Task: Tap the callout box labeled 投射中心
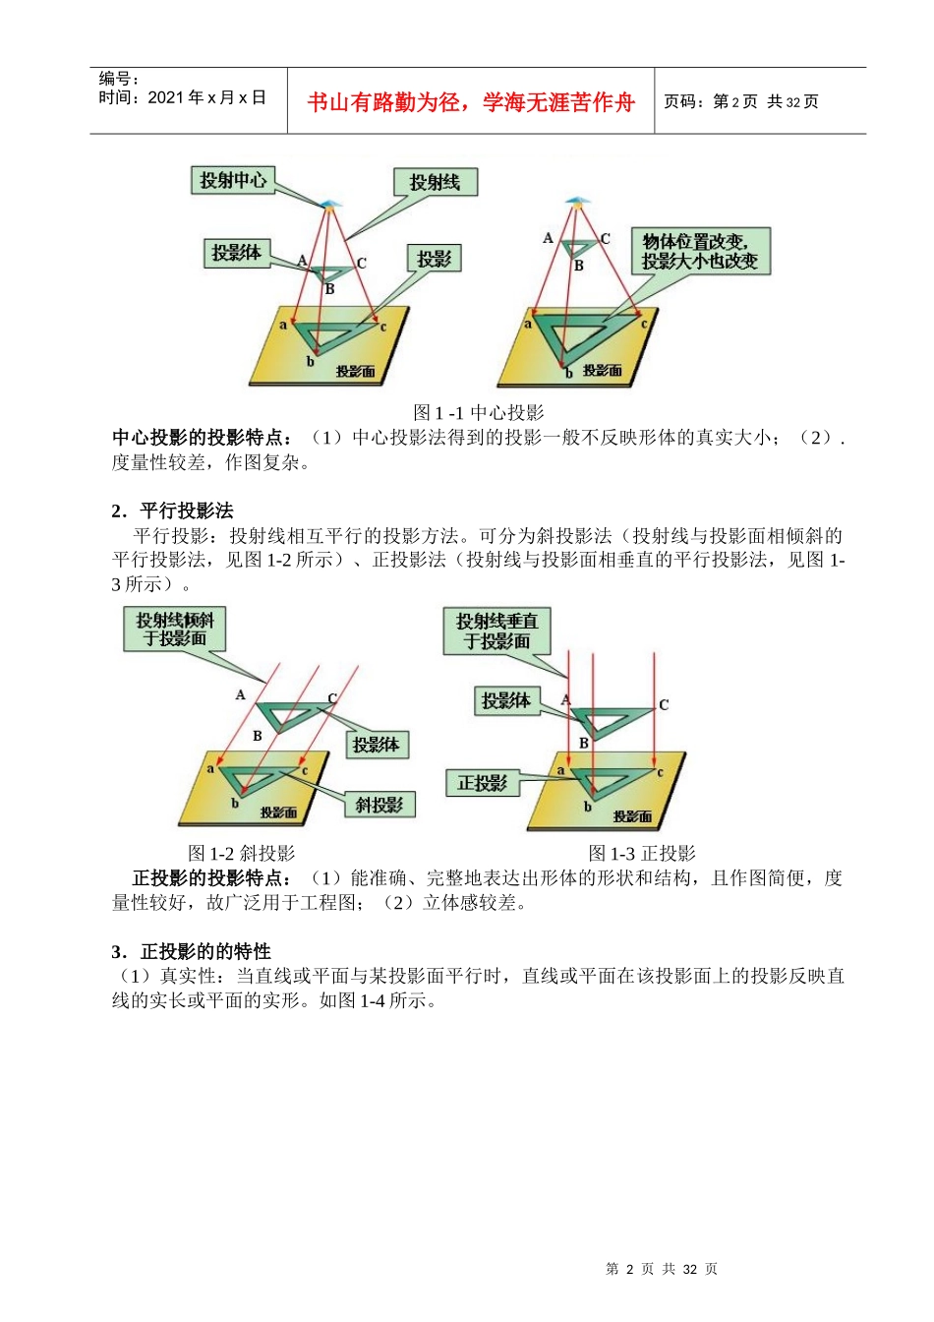click(x=233, y=180)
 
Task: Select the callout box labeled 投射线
click(x=435, y=182)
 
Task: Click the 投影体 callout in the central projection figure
click(x=236, y=253)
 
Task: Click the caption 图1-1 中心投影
click(x=478, y=413)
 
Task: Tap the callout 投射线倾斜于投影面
click(x=175, y=630)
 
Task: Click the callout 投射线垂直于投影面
click(x=496, y=631)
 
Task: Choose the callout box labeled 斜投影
click(x=379, y=805)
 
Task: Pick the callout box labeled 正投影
click(x=482, y=783)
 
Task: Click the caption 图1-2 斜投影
click(x=241, y=854)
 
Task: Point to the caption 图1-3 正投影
click(x=641, y=854)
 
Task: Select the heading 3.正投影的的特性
click(x=191, y=951)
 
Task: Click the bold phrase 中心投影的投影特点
click(x=202, y=438)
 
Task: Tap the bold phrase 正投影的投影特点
click(x=211, y=878)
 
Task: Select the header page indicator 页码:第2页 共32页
click(x=741, y=101)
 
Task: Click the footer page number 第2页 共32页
click(x=662, y=1269)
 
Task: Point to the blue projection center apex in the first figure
click(x=329, y=205)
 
